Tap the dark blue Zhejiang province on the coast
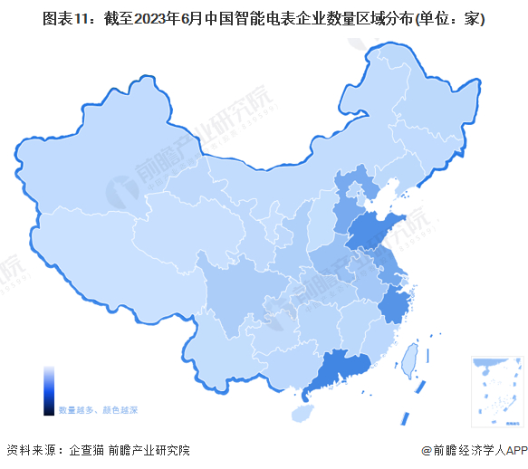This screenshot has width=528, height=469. click(395, 306)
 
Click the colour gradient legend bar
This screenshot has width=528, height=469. click(49, 390)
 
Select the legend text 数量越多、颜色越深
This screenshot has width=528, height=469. click(98, 410)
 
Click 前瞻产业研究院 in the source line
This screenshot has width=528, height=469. click(149, 450)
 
